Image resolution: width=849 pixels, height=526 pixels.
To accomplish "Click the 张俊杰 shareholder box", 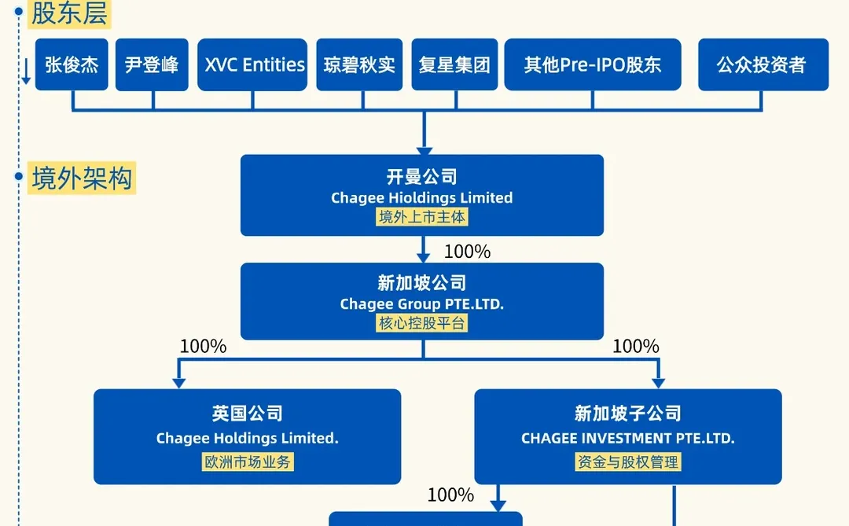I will click(72, 64).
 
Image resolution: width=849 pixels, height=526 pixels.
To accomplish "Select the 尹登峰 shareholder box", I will click(152, 64).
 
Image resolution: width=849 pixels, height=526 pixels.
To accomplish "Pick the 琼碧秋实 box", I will click(359, 64).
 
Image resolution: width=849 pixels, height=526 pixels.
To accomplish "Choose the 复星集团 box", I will click(454, 64).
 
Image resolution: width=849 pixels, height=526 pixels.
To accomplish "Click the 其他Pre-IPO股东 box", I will click(593, 64).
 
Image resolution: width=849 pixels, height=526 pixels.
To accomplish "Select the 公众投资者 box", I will click(763, 64).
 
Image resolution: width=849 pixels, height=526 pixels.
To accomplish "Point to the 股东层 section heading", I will click(68, 13).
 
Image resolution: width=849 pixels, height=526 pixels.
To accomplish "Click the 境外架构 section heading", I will click(82, 178).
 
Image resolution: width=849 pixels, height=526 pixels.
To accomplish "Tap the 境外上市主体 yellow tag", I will click(422, 217).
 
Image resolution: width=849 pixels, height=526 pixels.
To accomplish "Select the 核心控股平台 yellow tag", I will click(422, 322).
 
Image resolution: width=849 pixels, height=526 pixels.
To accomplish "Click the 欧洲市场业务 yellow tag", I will click(248, 462).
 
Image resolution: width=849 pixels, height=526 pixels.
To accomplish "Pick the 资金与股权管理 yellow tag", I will click(627, 462).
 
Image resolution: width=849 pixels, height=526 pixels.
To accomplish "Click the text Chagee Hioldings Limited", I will click(422, 198).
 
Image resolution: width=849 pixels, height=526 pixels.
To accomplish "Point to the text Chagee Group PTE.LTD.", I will click(422, 303).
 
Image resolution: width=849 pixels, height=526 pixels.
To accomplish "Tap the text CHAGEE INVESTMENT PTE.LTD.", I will click(627, 439).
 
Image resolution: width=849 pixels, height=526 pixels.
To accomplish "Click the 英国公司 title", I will click(248, 414).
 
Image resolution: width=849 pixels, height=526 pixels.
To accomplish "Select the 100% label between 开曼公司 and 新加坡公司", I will click(467, 252).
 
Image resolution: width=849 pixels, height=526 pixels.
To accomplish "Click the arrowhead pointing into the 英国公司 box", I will click(179, 382).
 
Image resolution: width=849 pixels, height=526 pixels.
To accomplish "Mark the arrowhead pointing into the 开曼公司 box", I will click(424, 148).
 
